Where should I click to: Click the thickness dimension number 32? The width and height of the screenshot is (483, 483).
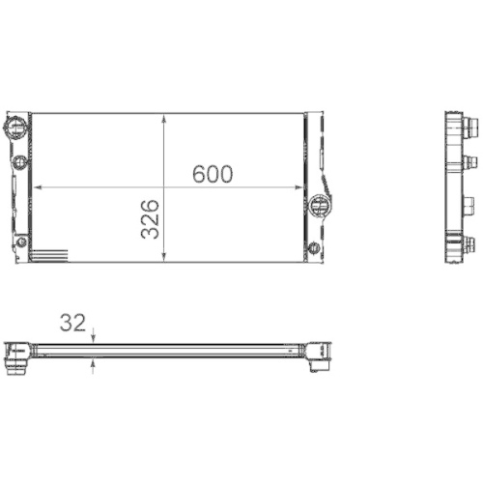coord(71,323)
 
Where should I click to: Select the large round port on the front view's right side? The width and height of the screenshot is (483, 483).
coord(322,204)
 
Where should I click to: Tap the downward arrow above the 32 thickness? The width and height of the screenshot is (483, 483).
coord(93,338)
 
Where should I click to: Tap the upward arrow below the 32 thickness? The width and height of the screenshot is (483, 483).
coord(93,361)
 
